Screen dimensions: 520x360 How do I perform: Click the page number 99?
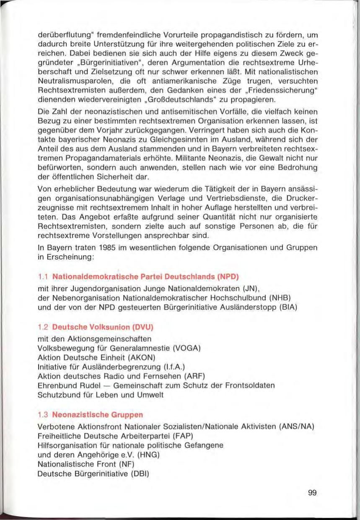tap(312, 493)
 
